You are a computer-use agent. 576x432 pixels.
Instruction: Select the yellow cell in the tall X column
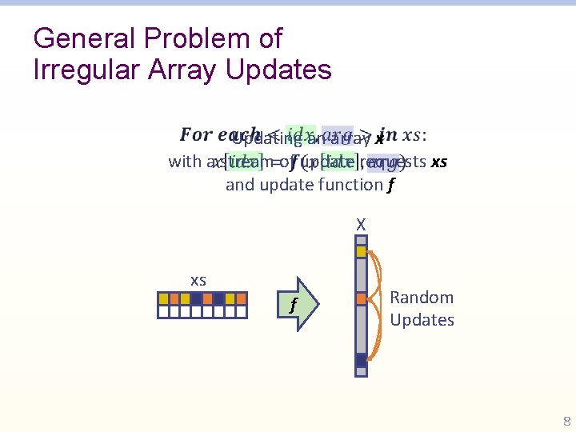click(362, 251)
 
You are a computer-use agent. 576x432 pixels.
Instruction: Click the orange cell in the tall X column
click(362, 298)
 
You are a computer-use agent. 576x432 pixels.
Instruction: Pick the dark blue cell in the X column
click(362, 360)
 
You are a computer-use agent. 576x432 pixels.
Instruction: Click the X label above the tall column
click(362, 226)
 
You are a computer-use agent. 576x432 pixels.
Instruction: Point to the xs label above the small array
click(198, 280)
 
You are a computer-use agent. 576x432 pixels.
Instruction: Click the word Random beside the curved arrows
click(422, 298)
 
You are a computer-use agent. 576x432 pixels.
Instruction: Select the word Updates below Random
click(422, 320)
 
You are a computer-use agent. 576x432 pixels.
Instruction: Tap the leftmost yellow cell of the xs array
click(163, 298)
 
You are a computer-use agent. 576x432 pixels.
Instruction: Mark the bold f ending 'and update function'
click(390, 185)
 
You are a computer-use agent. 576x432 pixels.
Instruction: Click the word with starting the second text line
click(185, 162)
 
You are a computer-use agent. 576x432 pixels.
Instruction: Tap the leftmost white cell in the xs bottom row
click(163, 312)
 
